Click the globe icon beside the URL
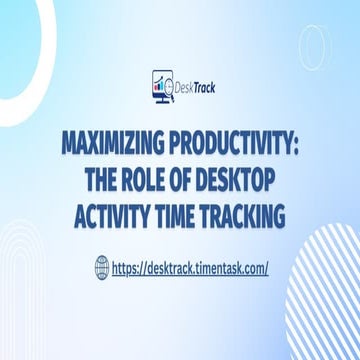(x=101, y=268)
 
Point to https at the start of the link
(x=127, y=268)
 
